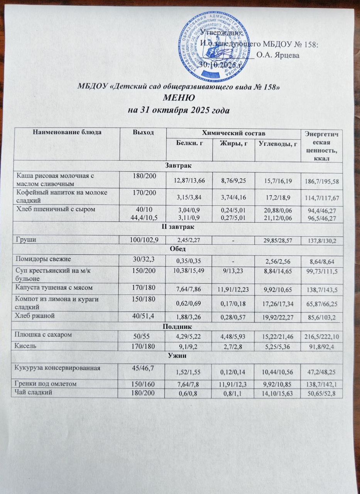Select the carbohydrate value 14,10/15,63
[x=277, y=393]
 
